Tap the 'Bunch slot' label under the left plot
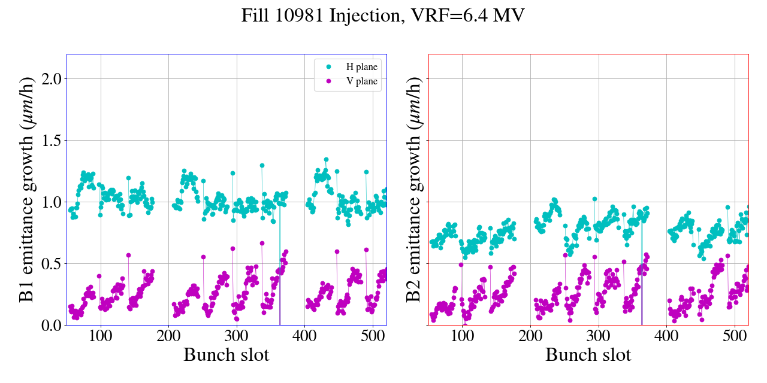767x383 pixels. [227, 355]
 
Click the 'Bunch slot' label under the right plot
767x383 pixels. [588, 355]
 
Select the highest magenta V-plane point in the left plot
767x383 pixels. [262, 243]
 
